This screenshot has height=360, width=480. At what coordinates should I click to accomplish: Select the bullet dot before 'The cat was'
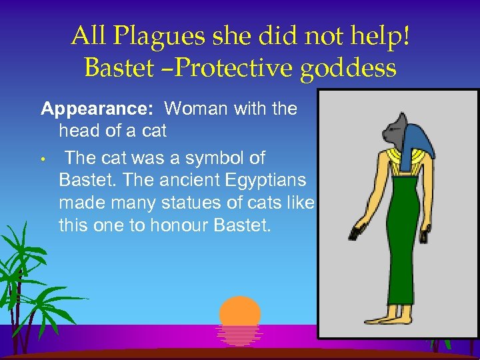(41, 160)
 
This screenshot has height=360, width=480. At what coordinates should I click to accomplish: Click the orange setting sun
(240, 313)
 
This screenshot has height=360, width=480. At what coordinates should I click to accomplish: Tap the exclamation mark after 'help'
(405, 37)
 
